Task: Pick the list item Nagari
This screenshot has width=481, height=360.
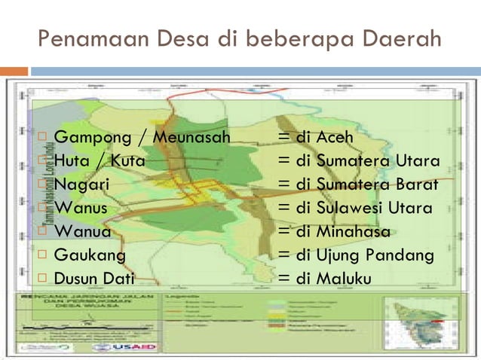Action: (x=82, y=185)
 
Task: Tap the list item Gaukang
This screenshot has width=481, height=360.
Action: (x=90, y=255)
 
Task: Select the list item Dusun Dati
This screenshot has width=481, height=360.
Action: (x=94, y=278)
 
